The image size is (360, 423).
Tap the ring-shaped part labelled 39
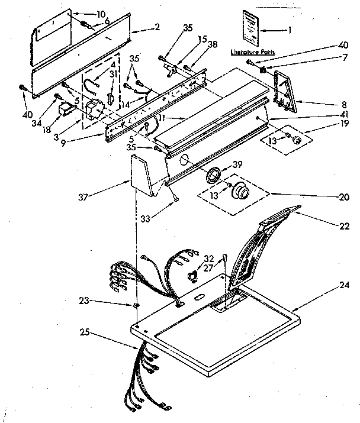click(x=212, y=175)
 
